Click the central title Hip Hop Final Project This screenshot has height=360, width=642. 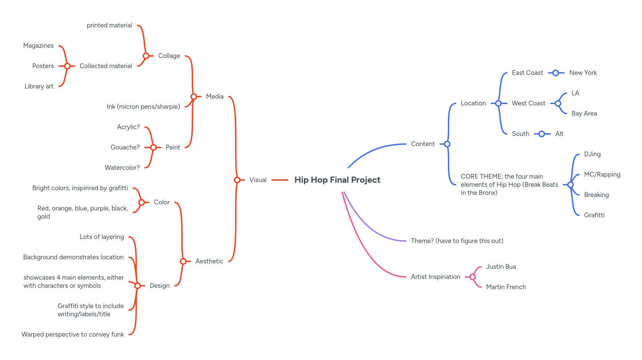(x=337, y=180)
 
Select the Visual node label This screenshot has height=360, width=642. (x=258, y=180)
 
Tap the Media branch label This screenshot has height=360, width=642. (x=214, y=97)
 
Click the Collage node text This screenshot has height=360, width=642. (x=169, y=56)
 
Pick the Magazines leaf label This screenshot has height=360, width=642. (x=38, y=46)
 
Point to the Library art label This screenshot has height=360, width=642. (x=39, y=86)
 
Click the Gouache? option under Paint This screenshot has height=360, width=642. (x=125, y=147)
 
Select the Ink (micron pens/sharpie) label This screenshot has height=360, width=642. (x=143, y=107)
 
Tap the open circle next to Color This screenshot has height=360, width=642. (x=142, y=202)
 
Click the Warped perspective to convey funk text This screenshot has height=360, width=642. (x=73, y=335)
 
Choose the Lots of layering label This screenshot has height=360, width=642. (x=102, y=237)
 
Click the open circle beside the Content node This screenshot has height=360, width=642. (x=447, y=144)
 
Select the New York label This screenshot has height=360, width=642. (x=583, y=73)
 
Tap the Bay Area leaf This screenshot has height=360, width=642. (x=584, y=114)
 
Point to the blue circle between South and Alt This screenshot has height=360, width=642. (x=542, y=134)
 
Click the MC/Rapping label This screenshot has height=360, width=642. (x=602, y=175)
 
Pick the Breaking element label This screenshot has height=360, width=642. (x=596, y=195)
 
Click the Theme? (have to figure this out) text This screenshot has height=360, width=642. (x=457, y=241)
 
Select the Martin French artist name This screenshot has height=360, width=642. (x=506, y=287)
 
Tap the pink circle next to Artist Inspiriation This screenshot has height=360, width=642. (x=473, y=277)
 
